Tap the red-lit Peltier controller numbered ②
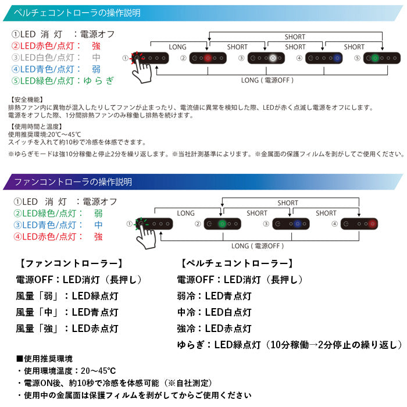click(209, 59)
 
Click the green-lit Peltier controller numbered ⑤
click(382, 59)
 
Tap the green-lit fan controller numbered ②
click(223, 223)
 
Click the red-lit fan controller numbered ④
click(361, 223)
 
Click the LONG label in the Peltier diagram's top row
click(177, 47)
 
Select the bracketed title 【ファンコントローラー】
click(71, 263)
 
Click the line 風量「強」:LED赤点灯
click(67, 329)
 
